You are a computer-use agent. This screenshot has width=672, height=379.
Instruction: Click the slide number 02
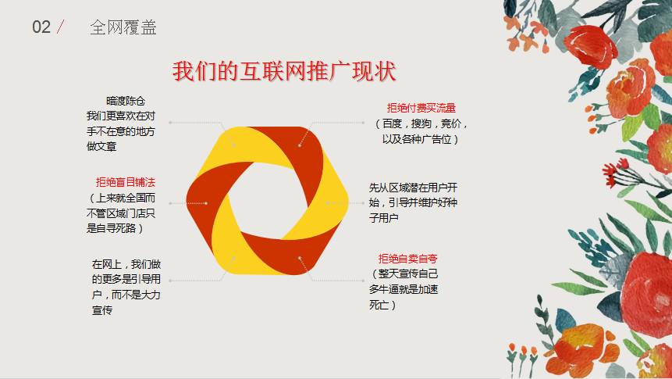tap(41, 27)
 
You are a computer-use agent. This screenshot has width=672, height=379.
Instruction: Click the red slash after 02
tap(60, 27)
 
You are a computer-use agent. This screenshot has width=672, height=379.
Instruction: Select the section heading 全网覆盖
tap(123, 27)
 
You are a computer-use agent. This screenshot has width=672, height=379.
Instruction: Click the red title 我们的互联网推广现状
tap(284, 71)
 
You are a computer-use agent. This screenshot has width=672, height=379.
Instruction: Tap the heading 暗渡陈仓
tap(126, 101)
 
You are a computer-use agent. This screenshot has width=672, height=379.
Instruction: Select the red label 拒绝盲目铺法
tap(125, 182)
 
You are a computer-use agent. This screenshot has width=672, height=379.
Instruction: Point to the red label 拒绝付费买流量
tap(421, 108)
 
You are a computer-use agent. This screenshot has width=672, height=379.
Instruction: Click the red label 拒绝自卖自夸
tap(407, 259)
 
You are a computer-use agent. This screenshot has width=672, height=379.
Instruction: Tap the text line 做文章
tap(101, 146)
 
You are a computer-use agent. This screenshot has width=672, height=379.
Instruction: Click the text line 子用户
tap(383, 217)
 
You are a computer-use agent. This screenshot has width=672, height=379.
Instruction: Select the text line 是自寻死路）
tap(115, 228)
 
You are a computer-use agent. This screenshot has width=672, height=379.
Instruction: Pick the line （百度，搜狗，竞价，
tap(421, 123)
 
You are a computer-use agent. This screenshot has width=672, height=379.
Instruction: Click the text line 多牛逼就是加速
tap(404, 289)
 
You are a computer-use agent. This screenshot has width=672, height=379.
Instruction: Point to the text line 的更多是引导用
tap(126, 279)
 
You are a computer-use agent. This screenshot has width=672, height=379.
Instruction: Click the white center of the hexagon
tap(268, 200)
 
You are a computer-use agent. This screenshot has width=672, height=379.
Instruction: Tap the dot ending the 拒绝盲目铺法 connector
tap(206, 203)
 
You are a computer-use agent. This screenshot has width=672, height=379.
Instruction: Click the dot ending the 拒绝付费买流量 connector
tap(300, 145)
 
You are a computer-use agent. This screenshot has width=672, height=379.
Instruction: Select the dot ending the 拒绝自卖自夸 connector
tap(300, 258)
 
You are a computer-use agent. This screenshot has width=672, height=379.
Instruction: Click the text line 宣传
tap(102, 310)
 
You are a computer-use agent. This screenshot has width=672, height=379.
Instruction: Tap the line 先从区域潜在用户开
tap(413, 187)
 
